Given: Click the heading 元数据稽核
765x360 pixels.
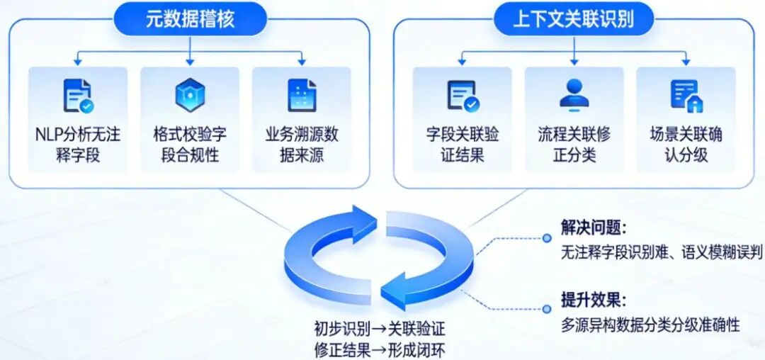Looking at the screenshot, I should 190,19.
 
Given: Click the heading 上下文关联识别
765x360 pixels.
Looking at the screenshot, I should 574,19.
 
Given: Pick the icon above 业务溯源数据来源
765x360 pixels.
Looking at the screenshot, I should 302,95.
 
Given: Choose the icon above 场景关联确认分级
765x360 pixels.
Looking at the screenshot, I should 686,95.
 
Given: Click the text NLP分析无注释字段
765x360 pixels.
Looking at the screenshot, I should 78,145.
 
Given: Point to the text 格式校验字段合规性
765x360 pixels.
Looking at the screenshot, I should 190,145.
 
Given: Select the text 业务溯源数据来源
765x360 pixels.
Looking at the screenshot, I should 302,145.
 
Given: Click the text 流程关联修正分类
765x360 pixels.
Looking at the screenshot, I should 574,145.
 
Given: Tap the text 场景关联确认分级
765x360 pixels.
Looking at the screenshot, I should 686,145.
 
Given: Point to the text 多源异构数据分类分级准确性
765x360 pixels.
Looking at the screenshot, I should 650,325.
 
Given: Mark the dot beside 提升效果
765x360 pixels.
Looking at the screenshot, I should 546,309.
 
